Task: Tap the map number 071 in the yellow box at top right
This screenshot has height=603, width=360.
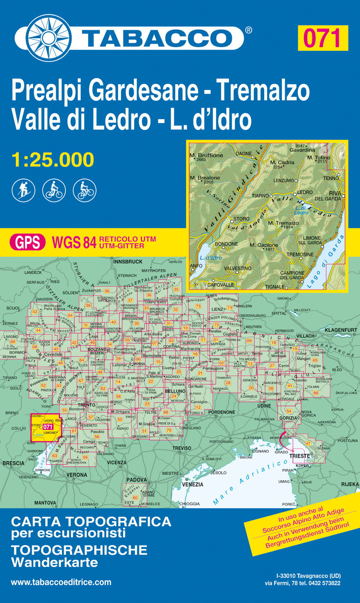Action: pyautogui.click(x=323, y=38)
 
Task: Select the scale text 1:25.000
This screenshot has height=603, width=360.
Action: pyautogui.click(x=53, y=160)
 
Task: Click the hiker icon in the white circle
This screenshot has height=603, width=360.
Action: pyautogui.click(x=23, y=190)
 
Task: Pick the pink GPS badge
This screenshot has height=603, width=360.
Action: pyautogui.click(x=28, y=242)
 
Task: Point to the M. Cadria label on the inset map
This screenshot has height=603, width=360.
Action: pyautogui.click(x=282, y=162)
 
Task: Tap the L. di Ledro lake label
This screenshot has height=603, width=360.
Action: pyautogui.click(x=301, y=210)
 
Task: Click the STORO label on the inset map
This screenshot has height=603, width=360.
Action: pyautogui.click(x=241, y=219)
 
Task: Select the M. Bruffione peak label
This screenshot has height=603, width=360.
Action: pyautogui.click(x=206, y=156)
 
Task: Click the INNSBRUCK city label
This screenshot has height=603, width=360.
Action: pyautogui.click(x=128, y=262)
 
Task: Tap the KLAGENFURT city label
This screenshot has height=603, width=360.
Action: pyautogui.click(x=341, y=330)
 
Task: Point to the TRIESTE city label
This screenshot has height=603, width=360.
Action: pyautogui.click(x=300, y=456)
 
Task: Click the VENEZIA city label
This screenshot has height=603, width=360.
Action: pyautogui.click(x=193, y=484)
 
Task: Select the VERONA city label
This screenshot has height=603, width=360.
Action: pyautogui.click(x=77, y=475)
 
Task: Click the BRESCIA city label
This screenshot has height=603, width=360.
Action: pyautogui.click(x=13, y=463)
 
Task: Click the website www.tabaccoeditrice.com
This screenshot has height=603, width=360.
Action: pyautogui.click(x=61, y=582)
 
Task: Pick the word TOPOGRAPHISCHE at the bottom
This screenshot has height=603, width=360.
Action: pyautogui.click(x=79, y=550)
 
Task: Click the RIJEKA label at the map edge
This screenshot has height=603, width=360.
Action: pyautogui.click(x=350, y=484)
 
